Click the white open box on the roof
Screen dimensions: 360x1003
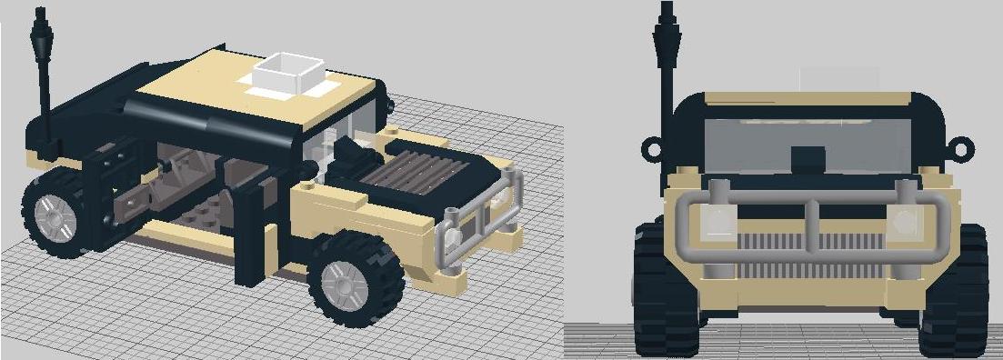pyautogui.click(x=288, y=74)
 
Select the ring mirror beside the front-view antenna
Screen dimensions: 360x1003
pyautogui.click(x=651, y=146)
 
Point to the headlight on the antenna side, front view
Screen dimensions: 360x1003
pyautogui.click(x=717, y=218)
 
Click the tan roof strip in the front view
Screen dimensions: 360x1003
pyautogui.click(x=807, y=98)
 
